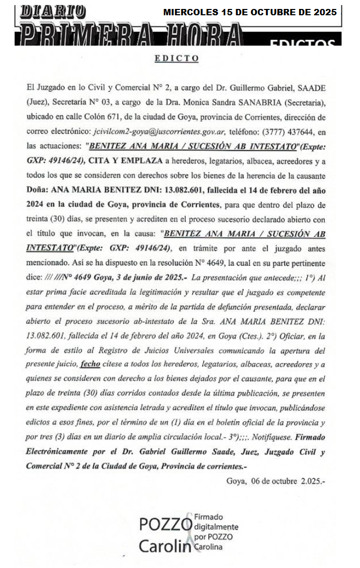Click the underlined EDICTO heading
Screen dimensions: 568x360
176,58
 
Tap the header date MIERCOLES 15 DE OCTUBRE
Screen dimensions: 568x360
249,12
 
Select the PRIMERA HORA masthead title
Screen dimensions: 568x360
131,36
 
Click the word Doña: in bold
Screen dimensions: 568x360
38,190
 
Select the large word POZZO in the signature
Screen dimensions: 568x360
165,524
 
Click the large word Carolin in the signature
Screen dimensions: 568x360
164,546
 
